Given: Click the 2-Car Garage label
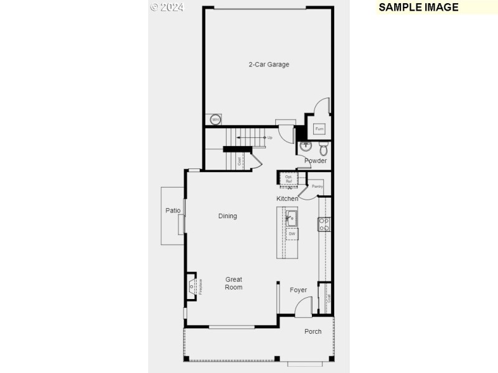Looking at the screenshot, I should [x=269, y=65].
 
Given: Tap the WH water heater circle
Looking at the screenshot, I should [x=215, y=119].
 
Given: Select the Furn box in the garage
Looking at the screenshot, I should [x=319, y=129].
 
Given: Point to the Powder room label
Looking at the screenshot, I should [x=316, y=161].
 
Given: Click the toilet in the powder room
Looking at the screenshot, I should [x=324, y=149].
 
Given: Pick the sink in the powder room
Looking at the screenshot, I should [x=306, y=147].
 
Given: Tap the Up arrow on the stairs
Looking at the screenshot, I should [x=269, y=137].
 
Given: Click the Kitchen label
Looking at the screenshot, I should [x=288, y=199].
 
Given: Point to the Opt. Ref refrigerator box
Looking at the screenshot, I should [x=288, y=179].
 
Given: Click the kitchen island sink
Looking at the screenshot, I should [x=291, y=218].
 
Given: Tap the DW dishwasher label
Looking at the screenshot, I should [x=291, y=234].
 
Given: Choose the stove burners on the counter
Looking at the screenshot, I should [x=324, y=224].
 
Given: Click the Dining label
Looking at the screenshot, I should [x=228, y=216].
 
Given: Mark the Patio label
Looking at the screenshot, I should [x=173, y=211].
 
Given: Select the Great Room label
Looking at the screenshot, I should [x=234, y=283].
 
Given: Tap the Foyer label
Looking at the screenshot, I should [x=298, y=290].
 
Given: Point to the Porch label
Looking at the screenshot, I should [x=313, y=331].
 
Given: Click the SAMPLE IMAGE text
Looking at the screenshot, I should [x=418, y=7].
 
